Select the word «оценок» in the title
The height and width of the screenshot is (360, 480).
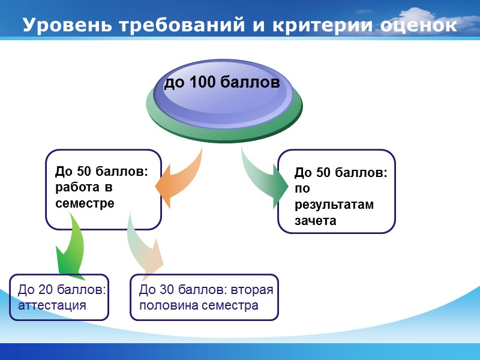[418, 26]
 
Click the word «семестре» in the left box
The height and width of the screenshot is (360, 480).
[85, 203]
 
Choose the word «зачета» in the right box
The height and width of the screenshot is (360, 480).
[315, 220]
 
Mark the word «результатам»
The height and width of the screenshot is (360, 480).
[334, 205]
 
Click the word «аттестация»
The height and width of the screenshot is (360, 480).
[52, 305]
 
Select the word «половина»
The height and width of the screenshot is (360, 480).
[169, 305]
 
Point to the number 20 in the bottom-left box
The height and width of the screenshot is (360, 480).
[46, 290]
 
